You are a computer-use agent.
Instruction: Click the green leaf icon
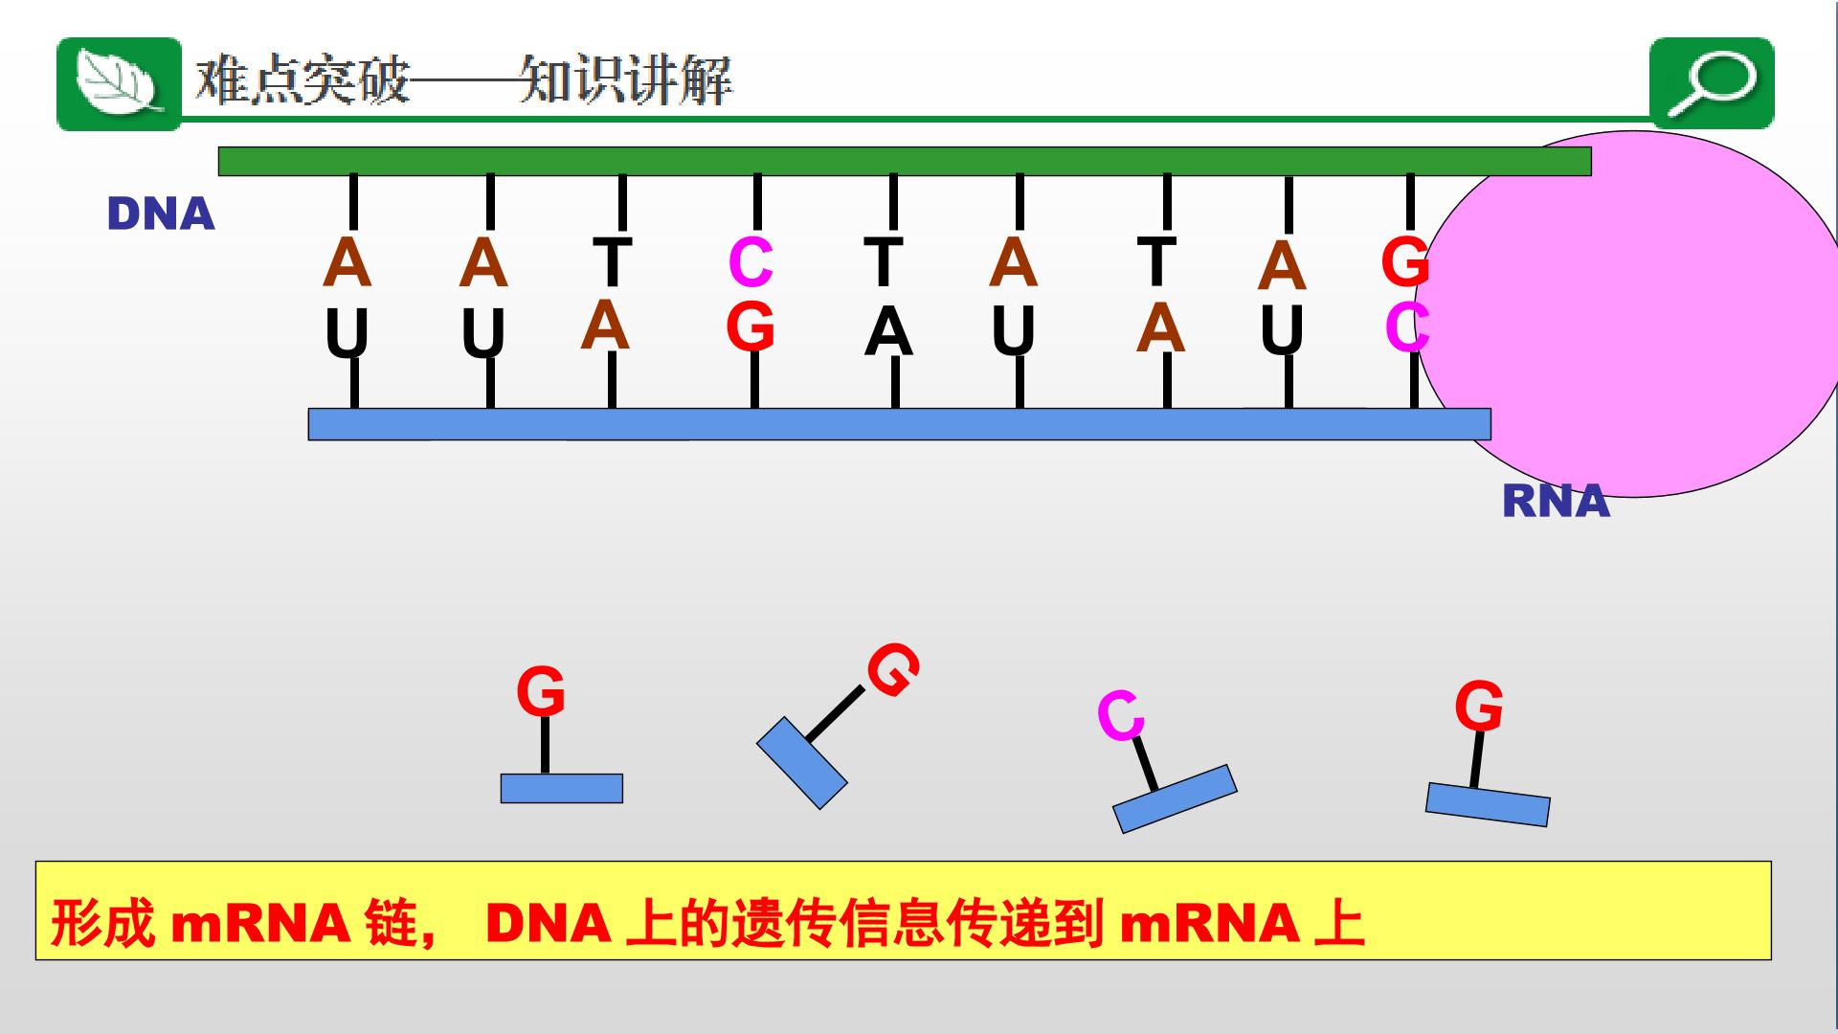pos(119,84)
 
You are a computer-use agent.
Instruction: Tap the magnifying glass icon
pos(1712,82)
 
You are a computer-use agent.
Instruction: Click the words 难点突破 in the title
pos(303,80)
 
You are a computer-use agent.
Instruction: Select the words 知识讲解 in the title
pos(626,80)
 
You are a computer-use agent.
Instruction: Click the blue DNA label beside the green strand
pos(161,214)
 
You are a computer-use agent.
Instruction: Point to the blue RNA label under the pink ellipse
pos(1557,502)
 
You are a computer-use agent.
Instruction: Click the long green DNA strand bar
pos(905,161)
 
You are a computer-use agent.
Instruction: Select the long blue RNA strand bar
pos(899,424)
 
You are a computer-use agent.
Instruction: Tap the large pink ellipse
pos(1627,314)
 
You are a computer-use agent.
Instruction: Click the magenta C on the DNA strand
pos(751,262)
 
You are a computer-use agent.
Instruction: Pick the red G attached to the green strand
pos(1405,262)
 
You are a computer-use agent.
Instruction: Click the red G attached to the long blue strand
pos(751,326)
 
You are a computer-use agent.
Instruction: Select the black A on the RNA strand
pos(888,333)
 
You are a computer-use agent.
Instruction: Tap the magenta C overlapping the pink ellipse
pos(1407,327)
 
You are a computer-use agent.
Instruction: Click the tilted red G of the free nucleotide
pos(893,669)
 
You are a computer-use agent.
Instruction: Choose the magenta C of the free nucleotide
pos(1120,715)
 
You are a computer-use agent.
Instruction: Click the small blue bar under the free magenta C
pos(1175,798)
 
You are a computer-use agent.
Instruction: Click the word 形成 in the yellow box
pos(102,924)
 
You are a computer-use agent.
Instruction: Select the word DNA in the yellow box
pos(549,924)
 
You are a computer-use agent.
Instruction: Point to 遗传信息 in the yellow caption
pos(839,924)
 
